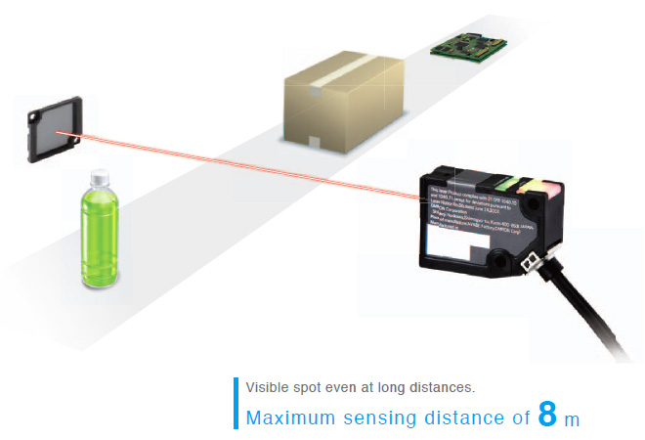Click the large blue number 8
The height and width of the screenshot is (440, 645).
547,415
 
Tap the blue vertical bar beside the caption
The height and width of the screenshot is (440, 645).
235,403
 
